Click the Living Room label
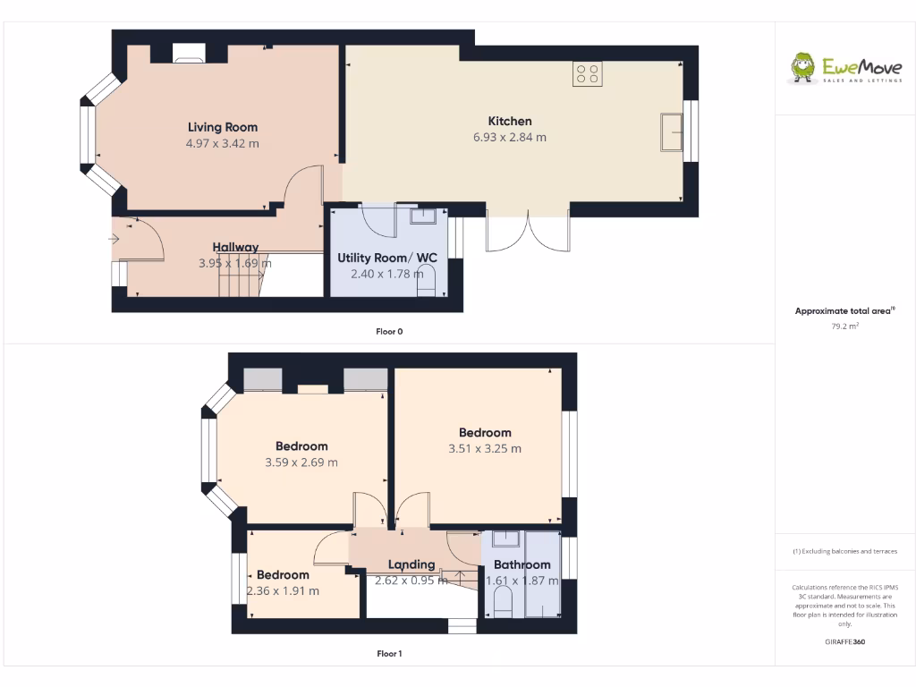coord(223,127)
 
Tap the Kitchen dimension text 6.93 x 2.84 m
coord(510,138)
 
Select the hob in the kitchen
coord(588,74)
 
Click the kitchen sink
coord(671,132)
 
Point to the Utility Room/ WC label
coord(387,259)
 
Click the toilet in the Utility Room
coord(427,283)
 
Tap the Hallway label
coord(235,247)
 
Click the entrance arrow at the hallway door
coord(115,239)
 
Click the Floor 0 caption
coord(389,332)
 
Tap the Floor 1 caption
coord(389,654)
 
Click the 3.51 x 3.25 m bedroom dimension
coord(485,449)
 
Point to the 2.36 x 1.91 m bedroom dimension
coord(283,591)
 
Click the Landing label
coord(411,564)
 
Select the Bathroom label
coord(522,564)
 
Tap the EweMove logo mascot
coord(802,68)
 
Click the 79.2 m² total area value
coord(844,327)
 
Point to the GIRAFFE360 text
coord(844,641)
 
